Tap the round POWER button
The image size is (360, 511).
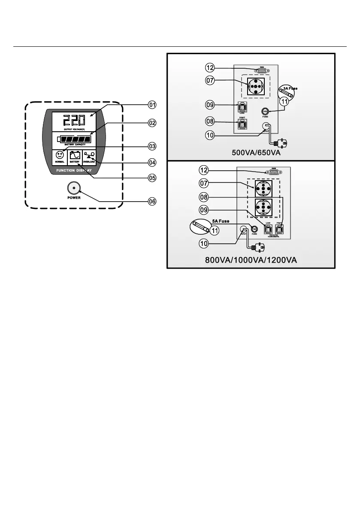point(73,188)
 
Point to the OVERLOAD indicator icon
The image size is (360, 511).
point(89,155)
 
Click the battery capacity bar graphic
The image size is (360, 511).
point(76,139)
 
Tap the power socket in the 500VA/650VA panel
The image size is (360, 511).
point(254,86)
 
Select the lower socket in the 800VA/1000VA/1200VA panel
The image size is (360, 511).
point(262,208)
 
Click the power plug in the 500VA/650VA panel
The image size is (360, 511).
point(282,142)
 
